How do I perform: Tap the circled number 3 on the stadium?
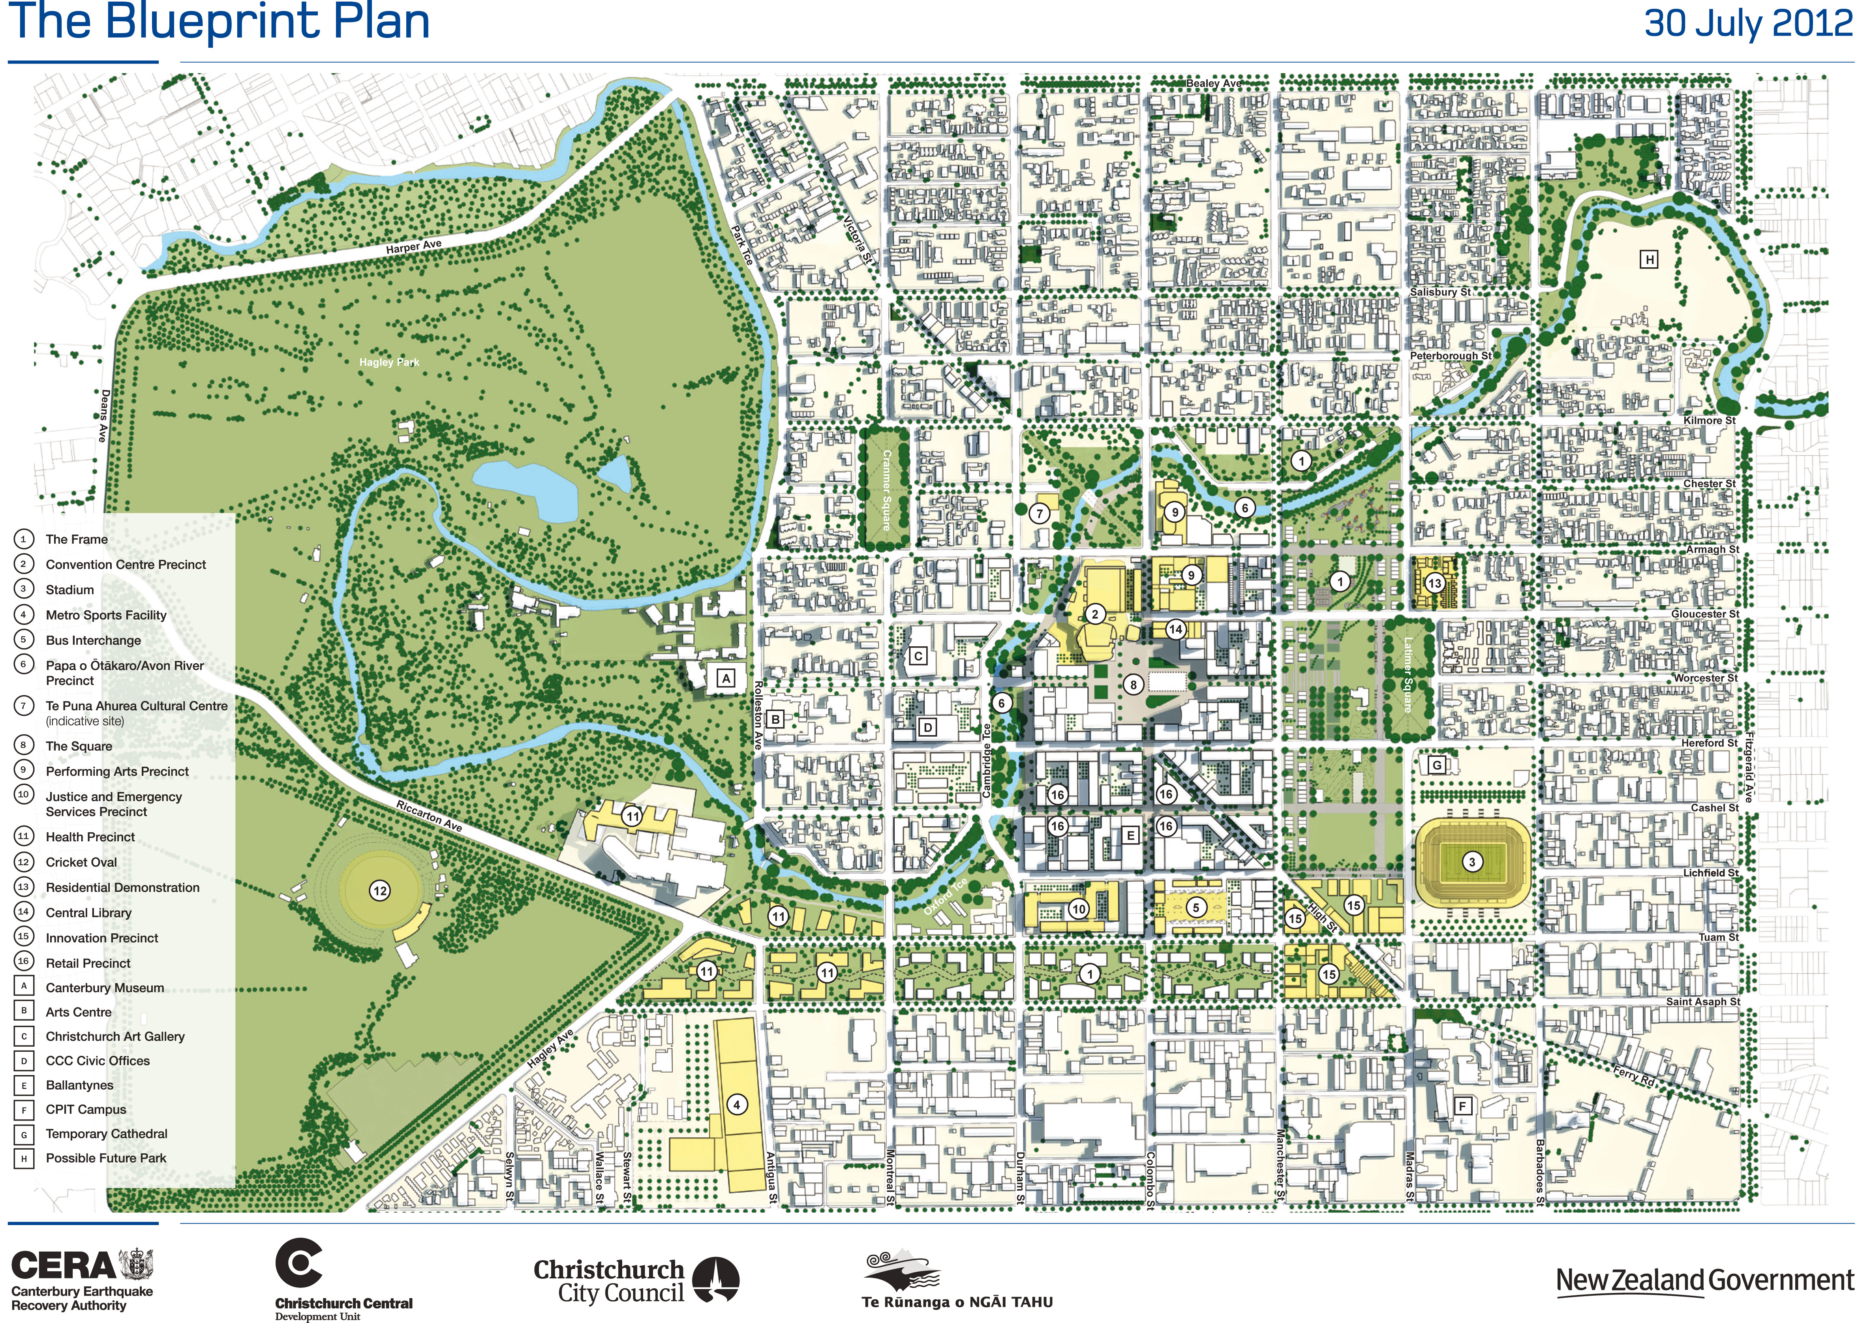click(1471, 862)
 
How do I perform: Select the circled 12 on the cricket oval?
click(379, 890)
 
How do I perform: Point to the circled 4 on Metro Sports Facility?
click(736, 1105)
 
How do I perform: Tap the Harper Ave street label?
click(414, 246)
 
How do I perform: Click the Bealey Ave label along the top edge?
click(1214, 83)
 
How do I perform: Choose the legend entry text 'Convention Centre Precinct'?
click(126, 565)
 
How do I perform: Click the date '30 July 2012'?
click(1748, 23)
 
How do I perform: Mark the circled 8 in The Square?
click(1132, 685)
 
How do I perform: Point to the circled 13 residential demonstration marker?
click(1434, 583)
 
